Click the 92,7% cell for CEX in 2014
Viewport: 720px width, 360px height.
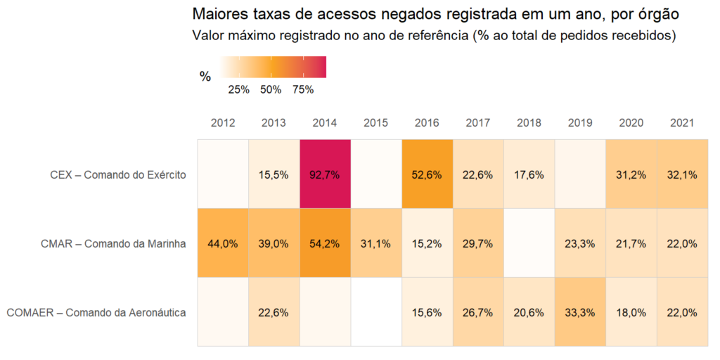click(x=324, y=174)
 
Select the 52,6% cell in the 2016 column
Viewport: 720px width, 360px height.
click(x=427, y=174)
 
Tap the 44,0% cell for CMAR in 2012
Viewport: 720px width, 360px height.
click(x=222, y=243)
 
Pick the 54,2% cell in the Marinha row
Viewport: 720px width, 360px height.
click(x=324, y=243)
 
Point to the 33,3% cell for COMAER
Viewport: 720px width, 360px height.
click(x=580, y=312)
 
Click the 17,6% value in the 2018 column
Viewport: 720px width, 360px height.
click(x=529, y=174)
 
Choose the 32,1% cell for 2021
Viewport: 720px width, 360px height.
click(x=682, y=174)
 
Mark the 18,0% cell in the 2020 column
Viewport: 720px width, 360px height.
click(x=631, y=312)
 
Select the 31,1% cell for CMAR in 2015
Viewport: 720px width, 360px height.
click(x=375, y=243)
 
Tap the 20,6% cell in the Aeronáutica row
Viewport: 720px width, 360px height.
click(x=529, y=312)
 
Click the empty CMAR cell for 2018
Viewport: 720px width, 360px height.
click(x=529, y=243)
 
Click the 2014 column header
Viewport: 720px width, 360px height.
click(x=324, y=123)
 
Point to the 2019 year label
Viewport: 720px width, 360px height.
click(x=580, y=123)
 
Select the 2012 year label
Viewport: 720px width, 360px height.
click(x=222, y=123)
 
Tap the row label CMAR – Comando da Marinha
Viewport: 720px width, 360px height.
click(x=113, y=244)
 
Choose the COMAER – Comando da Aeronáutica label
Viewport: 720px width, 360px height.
click(x=96, y=312)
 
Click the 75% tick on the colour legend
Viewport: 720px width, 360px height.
click(x=302, y=90)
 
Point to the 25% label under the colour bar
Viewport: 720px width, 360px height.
click(x=239, y=90)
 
